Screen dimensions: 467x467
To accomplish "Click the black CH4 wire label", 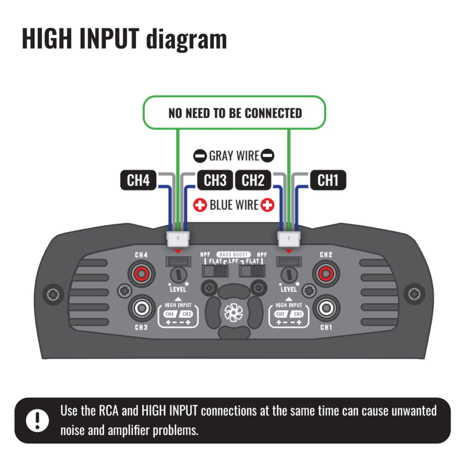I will point(138,180).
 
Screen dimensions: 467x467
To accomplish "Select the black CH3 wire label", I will point(215,180).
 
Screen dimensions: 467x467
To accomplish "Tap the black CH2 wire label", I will point(253,180).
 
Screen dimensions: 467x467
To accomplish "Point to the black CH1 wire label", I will point(328,180).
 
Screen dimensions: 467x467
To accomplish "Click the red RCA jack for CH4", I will point(142,274).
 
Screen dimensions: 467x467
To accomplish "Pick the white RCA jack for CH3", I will point(142,308).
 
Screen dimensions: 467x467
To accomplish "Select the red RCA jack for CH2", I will point(326,274).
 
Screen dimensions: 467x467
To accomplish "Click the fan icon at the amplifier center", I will point(233,313).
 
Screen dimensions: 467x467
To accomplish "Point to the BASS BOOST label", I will point(233,255).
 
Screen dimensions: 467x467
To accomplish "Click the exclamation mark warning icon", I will point(37,420).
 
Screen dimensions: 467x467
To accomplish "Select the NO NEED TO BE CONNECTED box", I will point(234,113).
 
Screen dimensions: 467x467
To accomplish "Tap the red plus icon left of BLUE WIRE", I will point(200,205).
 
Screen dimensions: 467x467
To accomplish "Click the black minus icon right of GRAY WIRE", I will point(267,156).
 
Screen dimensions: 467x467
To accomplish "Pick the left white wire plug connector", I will point(178,239).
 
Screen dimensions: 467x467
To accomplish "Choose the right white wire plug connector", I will point(289,239).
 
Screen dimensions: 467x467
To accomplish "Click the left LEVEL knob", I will point(178,275).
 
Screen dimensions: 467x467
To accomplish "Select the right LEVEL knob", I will point(289,275).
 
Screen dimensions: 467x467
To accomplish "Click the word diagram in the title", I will point(186,39).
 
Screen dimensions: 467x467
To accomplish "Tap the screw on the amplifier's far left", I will point(53,294).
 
